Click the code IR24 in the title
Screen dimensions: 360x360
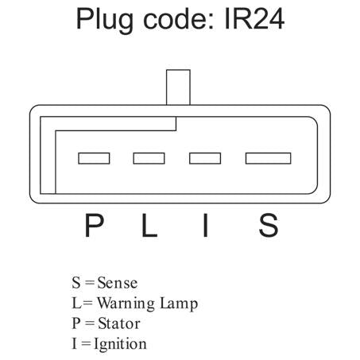(x=254, y=19)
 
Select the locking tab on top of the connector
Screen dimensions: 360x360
(x=178, y=87)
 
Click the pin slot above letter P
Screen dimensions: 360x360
(x=94, y=158)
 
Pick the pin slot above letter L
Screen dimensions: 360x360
(x=149, y=158)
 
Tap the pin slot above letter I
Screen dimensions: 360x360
(x=205, y=158)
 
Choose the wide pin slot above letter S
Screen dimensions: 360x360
(x=268, y=158)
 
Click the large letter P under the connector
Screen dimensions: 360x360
(x=94, y=226)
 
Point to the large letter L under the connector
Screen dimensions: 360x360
(x=149, y=226)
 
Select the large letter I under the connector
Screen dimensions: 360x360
(x=205, y=226)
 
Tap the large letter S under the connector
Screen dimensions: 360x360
(x=269, y=226)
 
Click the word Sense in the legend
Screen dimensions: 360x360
(x=118, y=283)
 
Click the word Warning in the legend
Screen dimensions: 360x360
(x=126, y=304)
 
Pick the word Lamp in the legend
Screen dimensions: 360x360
(x=179, y=304)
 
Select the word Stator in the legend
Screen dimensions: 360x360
(x=119, y=323)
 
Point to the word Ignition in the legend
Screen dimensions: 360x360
(x=120, y=345)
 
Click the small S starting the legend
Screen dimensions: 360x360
(x=76, y=283)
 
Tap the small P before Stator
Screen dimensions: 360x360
(x=76, y=323)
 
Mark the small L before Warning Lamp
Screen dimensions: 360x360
(x=76, y=303)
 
